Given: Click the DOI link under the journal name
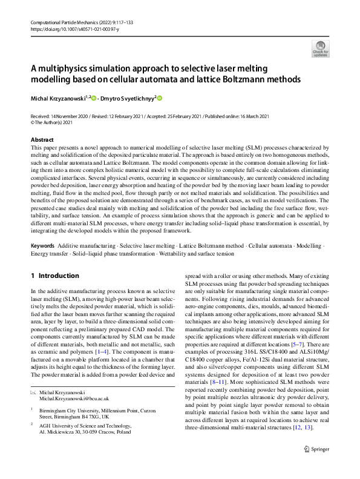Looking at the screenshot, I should [x=70, y=28].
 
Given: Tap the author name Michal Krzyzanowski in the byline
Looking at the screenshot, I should [x=57, y=97].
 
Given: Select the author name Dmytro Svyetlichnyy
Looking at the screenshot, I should [x=129, y=97].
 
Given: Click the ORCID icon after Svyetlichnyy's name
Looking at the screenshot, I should [x=160, y=97].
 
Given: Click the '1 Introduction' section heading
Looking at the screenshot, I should [x=55, y=275].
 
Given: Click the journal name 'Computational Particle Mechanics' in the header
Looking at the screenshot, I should [x=67, y=21].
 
